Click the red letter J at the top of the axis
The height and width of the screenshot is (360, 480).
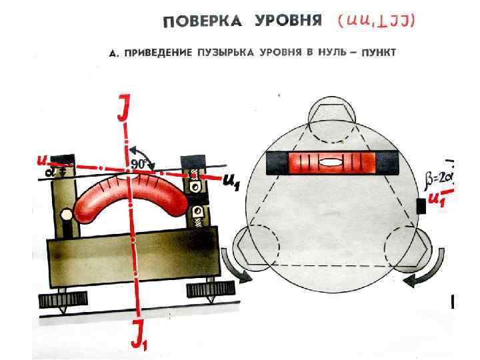123,109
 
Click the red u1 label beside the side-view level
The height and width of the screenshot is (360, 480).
230,182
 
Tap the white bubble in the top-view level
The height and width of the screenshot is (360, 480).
329,162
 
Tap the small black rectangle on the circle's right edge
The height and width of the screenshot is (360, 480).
421,207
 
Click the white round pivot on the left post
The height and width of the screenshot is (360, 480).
67,215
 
